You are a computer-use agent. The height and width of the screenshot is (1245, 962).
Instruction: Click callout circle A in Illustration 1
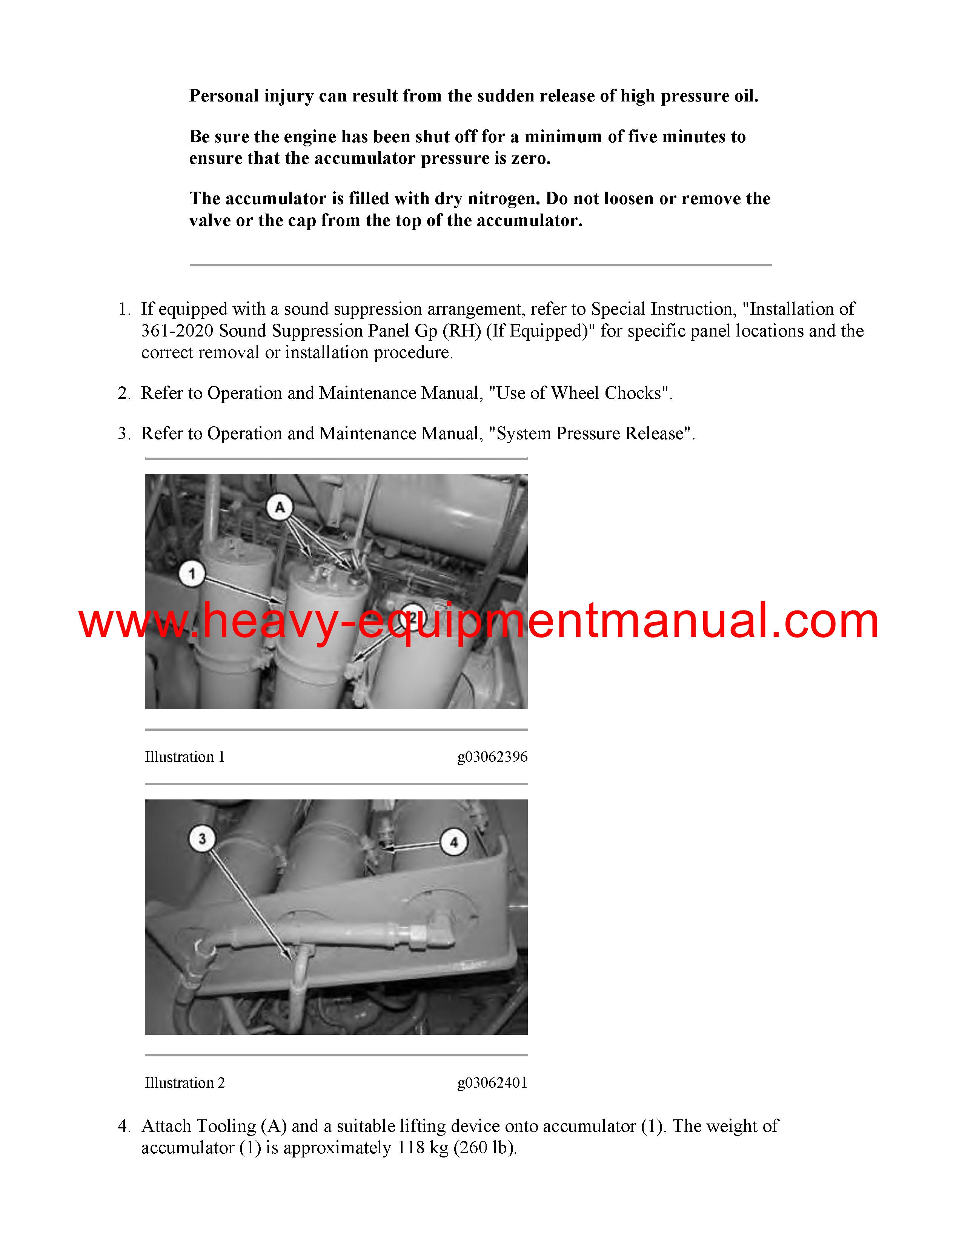[x=279, y=507]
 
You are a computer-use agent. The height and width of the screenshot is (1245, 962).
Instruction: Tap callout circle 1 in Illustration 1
[x=192, y=573]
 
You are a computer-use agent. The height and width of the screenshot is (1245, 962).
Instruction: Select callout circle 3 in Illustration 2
[x=202, y=839]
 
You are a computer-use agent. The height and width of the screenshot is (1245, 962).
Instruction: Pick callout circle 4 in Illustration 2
[x=453, y=842]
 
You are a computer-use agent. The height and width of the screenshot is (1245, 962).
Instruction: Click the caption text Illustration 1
[x=184, y=757]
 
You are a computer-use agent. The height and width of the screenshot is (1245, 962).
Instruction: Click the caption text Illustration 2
[x=184, y=1082]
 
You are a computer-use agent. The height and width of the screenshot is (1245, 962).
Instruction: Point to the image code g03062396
[x=492, y=757]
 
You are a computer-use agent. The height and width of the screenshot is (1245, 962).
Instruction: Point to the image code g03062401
[x=492, y=1082]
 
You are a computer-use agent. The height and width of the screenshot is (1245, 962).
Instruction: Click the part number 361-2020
[x=177, y=330]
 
